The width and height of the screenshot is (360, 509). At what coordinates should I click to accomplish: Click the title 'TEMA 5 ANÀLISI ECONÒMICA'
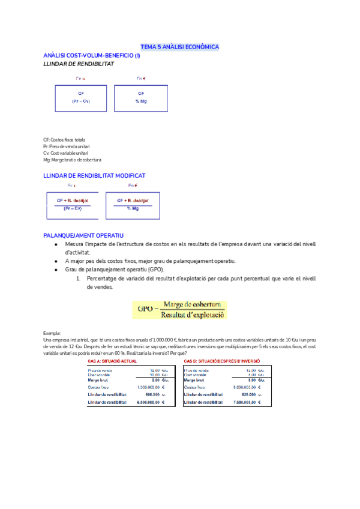pyautogui.click(x=179, y=46)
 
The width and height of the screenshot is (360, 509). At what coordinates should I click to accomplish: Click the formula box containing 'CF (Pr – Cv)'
pyautogui.click(x=81, y=97)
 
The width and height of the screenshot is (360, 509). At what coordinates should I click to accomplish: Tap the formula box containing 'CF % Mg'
pyautogui.click(x=141, y=97)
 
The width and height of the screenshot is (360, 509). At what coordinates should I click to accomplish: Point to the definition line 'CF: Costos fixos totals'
pyautogui.click(x=64, y=140)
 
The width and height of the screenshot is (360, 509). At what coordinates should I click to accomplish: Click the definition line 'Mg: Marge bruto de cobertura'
pyautogui.click(x=72, y=160)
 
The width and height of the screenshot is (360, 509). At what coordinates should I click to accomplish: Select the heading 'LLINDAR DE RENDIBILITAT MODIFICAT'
pyautogui.click(x=94, y=175)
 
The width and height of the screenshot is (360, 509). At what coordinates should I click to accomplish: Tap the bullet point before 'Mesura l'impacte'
pyautogui.click(x=56, y=244)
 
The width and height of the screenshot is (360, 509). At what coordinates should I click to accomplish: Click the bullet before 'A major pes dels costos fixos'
pyautogui.click(x=56, y=261)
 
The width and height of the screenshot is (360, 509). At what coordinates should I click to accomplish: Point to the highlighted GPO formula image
pyautogui.click(x=179, y=310)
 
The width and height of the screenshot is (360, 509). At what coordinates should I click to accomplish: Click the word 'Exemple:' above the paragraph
pyautogui.click(x=53, y=333)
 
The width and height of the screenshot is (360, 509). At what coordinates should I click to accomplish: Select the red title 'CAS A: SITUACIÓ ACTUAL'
pyautogui.click(x=112, y=361)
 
